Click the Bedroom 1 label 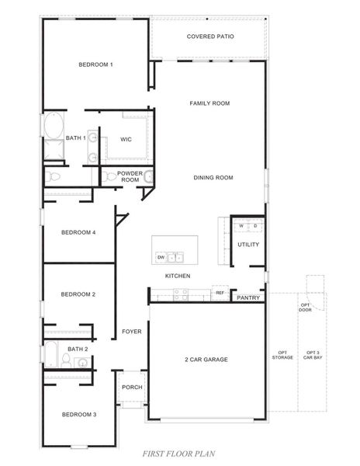pyautogui.click(x=95, y=64)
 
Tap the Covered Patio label pyautogui.click(x=210, y=37)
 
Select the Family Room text pyautogui.click(x=209, y=103)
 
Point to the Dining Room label pyautogui.click(x=213, y=178)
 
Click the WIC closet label pyautogui.click(x=126, y=139)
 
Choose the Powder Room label pyautogui.click(x=129, y=176)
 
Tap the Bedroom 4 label pyautogui.click(x=78, y=232)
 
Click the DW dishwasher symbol pyautogui.click(x=161, y=256)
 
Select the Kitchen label pyautogui.click(x=178, y=276)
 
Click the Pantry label pyautogui.click(x=247, y=297)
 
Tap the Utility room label pyautogui.click(x=248, y=245)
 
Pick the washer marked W pyautogui.click(x=242, y=226)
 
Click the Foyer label pyautogui.click(x=131, y=332)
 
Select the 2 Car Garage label pyautogui.click(x=206, y=359)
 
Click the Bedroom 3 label pyautogui.click(x=78, y=415)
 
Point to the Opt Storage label pyautogui.click(x=281, y=355)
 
